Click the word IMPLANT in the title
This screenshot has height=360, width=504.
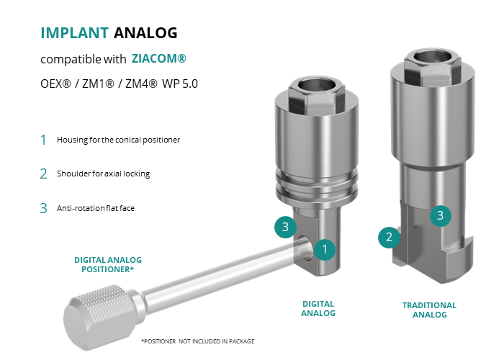(x=75, y=33)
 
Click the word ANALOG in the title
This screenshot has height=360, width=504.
(x=145, y=33)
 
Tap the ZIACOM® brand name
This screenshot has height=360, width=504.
(x=159, y=58)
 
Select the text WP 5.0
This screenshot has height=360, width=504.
(x=180, y=84)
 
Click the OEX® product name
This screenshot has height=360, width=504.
(x=55, y=84)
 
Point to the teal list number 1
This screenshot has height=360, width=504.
(x=43, y=140)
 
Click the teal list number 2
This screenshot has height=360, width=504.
(x=43, y=174)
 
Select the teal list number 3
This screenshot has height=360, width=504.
(x=43, y=208)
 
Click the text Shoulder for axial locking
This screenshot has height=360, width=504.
(x=103, y=174)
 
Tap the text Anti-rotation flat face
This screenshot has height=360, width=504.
(x=96, y=208)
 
